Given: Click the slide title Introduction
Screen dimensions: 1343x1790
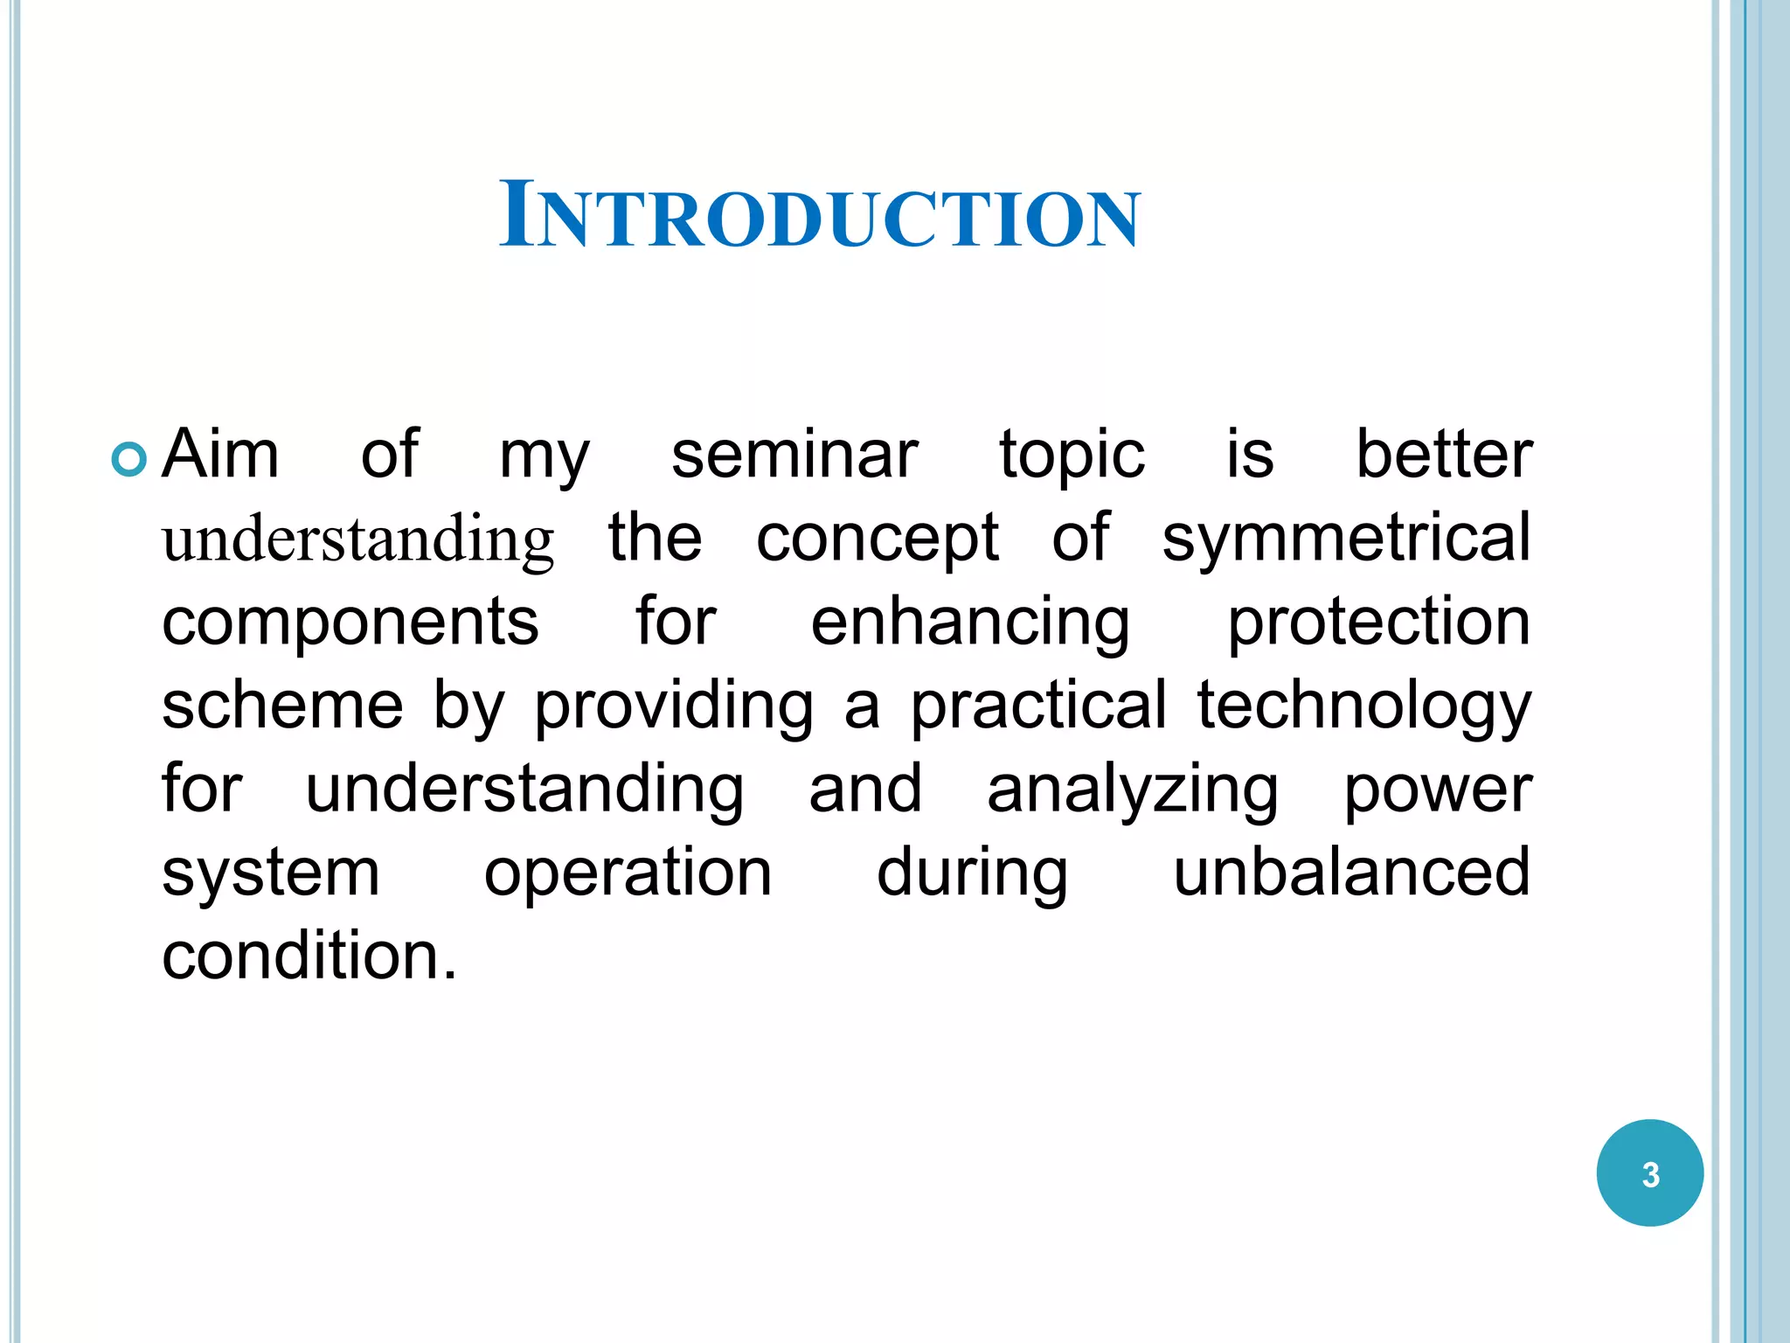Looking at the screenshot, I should click(x=819, y=215).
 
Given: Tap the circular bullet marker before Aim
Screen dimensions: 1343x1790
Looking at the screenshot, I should click(x=129, y=459).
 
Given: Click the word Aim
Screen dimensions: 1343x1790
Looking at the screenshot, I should click(x=221, y=455).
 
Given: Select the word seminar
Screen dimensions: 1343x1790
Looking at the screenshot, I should click(x=794, y=455).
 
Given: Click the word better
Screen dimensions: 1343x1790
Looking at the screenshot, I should click(x=1443, y=455).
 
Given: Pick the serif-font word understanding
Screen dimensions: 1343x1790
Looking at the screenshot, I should click(x=358, y=540).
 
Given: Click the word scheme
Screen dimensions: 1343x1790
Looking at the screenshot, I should click(x=282, y=705).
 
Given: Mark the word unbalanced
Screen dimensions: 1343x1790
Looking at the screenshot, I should click(x=1351, y=872).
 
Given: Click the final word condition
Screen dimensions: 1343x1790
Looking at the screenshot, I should click(x=309, y=955).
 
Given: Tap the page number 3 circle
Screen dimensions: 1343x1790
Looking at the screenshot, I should click(x=1649, y=1173).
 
